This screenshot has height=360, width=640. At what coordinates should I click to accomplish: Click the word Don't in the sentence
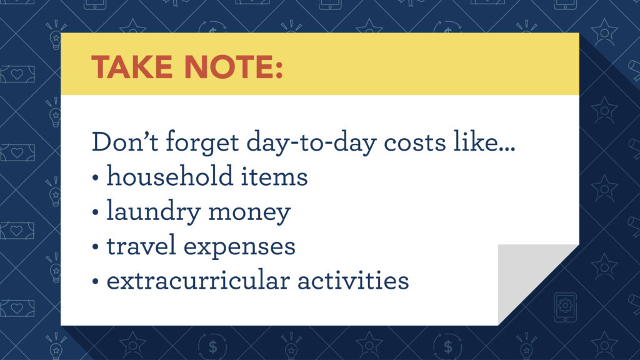[124, 142]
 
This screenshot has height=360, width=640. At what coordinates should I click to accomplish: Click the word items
[277, 177]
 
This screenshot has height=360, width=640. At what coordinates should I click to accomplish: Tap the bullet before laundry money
[96, 214]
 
